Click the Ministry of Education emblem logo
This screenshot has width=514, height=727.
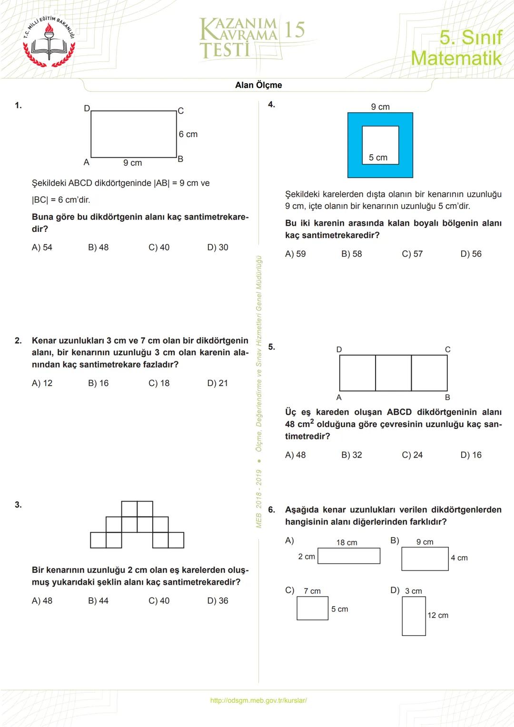pyautogui.click(x=49, y=42)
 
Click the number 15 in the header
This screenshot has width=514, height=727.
pyautogui.click(x=294, y=30)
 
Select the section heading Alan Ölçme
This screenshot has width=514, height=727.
pyautogui.click(x=258, y=85)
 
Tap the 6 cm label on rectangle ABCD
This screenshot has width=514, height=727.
pyautogui.click(x=188, y=134)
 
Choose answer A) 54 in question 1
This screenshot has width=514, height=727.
pyautogui.click(x=42, y=248)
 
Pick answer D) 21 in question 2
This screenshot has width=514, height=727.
pyautogui.click(x=217, y=383)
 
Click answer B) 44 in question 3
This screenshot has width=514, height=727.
pyautogui.click(x=98, y=601)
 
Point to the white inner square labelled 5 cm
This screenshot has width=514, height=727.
pyautogui.click(x=380, y=145)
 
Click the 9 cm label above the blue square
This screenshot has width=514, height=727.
pyautogui.click(x=380, y=107)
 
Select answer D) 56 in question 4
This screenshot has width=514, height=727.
pyautogui.click(x=471, y=254)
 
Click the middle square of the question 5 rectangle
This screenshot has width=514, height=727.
pyautogui.click(x=393, y=373)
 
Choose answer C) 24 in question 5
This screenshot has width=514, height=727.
pyautogui.click(x=412, y=455)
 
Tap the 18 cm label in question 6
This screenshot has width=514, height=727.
pyautogui.click(x=346, y=543)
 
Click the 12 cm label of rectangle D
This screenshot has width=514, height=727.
pyautogui.click(x=437, y=616)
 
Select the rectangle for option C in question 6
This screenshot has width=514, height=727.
pyautogui.click(x=312, y=608)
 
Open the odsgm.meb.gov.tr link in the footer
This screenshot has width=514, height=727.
pyautogui.click(x=258, y=700)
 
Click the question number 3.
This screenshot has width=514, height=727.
pyautogui.click(x=18, y=505)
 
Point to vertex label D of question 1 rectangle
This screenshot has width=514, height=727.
pyautogui.click(x=87, y=109)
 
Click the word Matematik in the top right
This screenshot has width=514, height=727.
pyautogui.click(x=456, y=58)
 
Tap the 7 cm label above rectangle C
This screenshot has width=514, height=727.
pyautogui.click(x=312, y=591)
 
